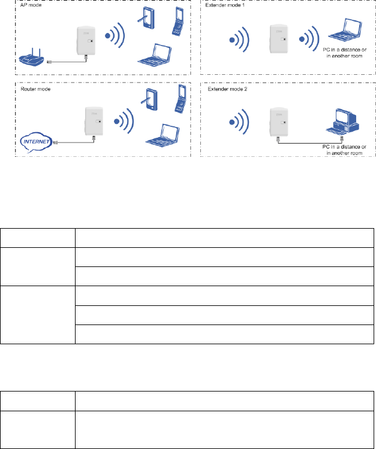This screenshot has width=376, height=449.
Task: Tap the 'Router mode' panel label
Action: point(32,88)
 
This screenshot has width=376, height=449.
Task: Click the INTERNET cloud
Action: point(35,141)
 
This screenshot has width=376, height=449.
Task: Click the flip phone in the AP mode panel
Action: point(178,22)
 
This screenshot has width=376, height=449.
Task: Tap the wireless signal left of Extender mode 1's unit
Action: point(237,41)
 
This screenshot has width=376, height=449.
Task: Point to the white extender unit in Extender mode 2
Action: point(277,122)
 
